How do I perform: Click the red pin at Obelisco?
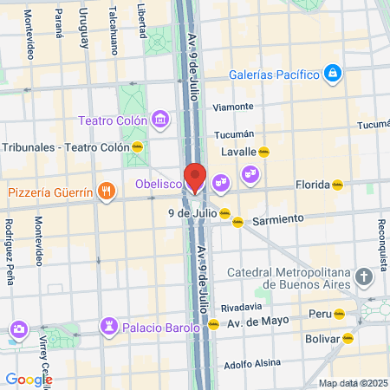[195, 177]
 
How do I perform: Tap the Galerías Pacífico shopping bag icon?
[332, 74]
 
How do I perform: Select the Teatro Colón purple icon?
[159, 119]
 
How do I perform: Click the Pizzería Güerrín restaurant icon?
[106, 191]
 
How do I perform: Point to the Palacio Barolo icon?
[109, 327]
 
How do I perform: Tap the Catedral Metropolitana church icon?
[364, 278]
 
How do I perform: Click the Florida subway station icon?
[337, 184]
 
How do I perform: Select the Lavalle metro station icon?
[263, 152]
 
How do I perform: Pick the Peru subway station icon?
[340, 313]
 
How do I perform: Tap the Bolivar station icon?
[348, 338]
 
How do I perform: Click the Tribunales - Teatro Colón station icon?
[137, 146]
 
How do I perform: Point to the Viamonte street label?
[233, 107]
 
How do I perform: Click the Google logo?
[29, 379]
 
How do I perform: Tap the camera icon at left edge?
[17, 328]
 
